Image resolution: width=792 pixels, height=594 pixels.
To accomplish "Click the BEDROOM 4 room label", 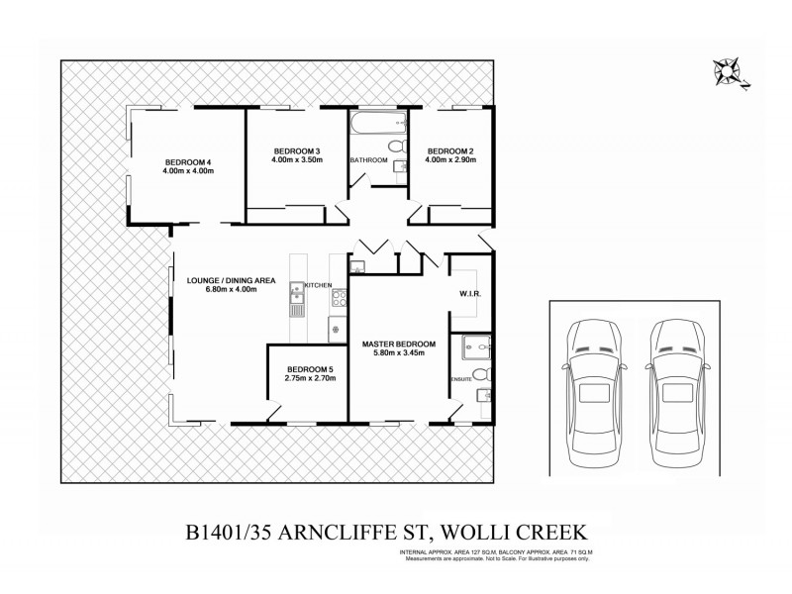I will point(188,162).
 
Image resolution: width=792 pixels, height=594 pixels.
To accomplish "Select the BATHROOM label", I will point(368,160).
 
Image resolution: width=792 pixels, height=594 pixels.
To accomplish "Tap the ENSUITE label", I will point(461,379).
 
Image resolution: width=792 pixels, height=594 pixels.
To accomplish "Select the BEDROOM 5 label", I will point(310,369).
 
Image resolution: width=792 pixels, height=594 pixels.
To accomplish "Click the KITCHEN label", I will point(317,285).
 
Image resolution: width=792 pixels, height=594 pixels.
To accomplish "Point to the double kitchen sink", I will point(296,293).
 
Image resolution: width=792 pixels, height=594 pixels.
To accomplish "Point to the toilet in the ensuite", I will point(480,375).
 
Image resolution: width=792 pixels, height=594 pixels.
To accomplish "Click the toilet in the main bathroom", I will point(395,148).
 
